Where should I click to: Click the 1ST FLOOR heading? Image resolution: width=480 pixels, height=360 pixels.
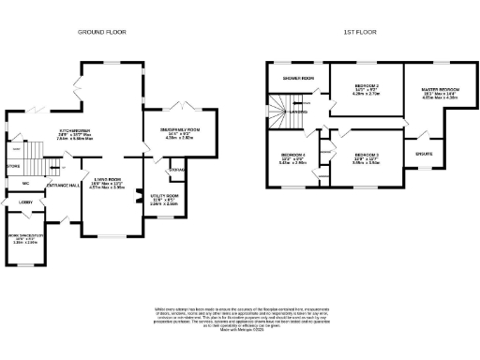click(x=361, y=31)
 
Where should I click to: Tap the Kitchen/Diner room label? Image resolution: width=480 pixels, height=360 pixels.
click(x=75, y=130)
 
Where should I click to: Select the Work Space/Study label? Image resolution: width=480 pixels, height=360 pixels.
click(x=25, y=238)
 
